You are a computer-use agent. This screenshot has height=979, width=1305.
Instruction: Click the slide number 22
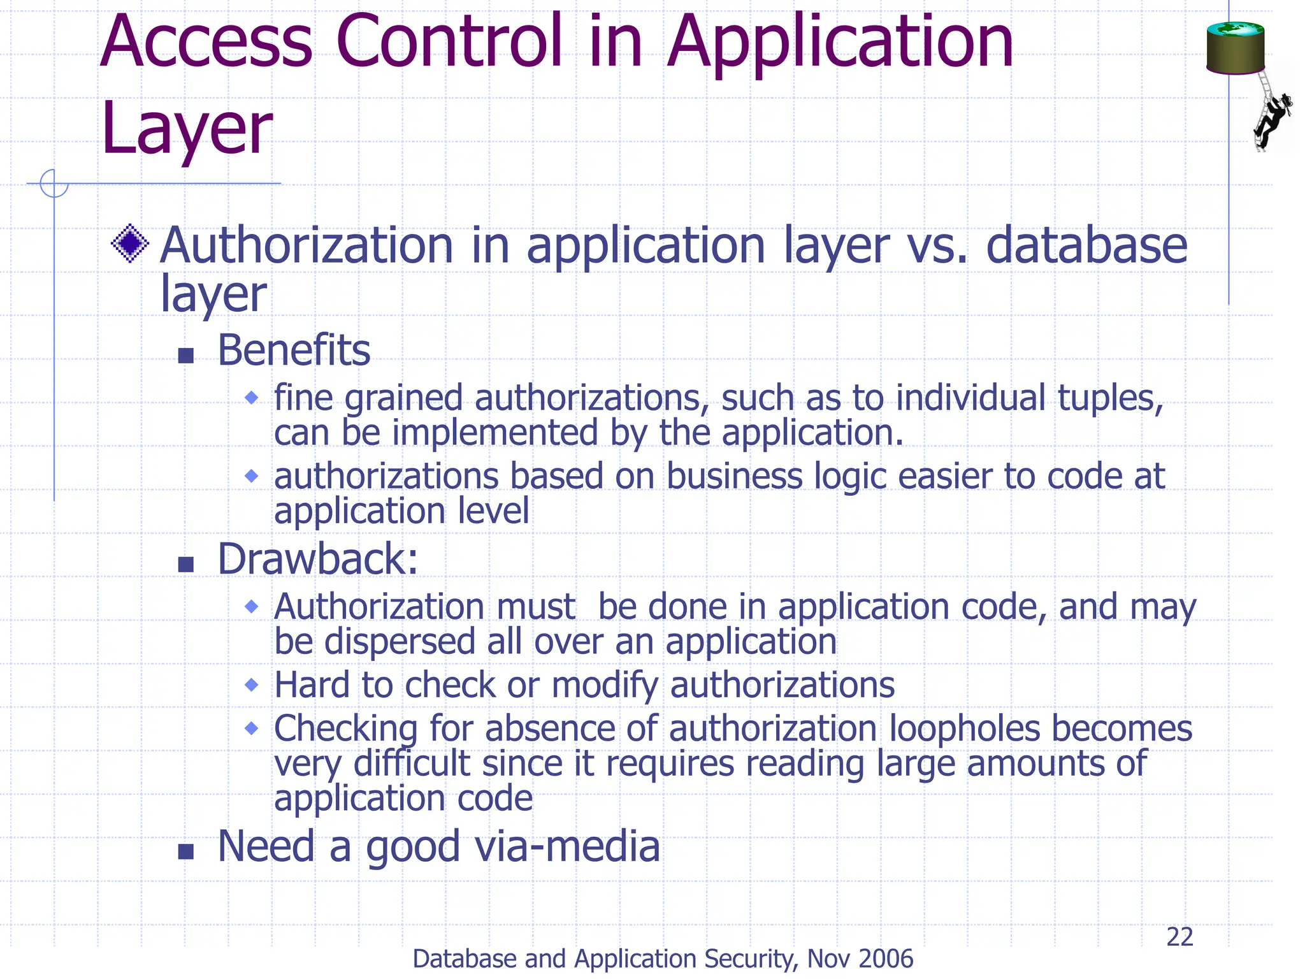tap(1179, 937)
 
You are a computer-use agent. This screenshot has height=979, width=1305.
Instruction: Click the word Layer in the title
tap(187, 129)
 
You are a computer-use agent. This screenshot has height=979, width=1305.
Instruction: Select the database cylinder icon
tap(1235, 48)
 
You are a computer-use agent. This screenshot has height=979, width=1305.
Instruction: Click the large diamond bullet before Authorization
tap(130, 243)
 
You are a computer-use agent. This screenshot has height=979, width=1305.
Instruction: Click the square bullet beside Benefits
tap(185, 355)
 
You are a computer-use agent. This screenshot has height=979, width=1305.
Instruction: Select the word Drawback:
tap(317, 559)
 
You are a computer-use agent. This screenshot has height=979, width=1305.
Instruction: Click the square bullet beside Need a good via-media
tap(185, 852)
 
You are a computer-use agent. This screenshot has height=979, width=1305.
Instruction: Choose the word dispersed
tap(400, 641)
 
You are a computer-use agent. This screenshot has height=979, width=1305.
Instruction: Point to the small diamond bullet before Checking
tap(252, 728)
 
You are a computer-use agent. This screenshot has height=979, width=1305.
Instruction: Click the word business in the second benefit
tap(734, 476)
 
